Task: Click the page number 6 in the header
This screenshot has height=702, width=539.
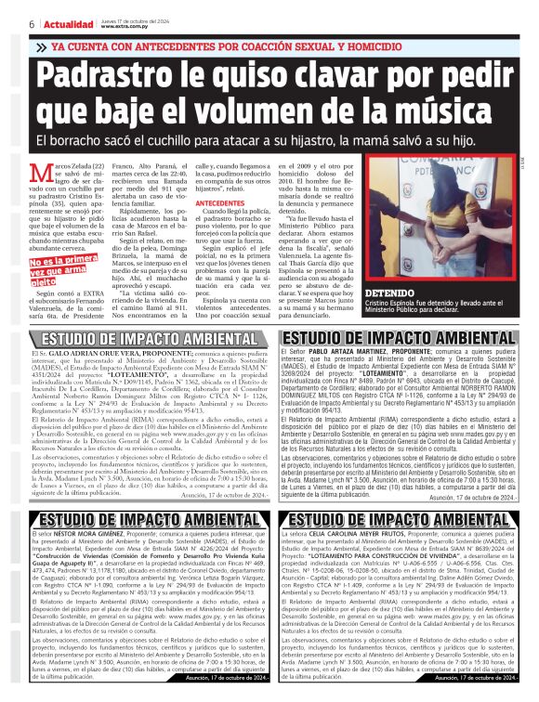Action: (x=32, y=22)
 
